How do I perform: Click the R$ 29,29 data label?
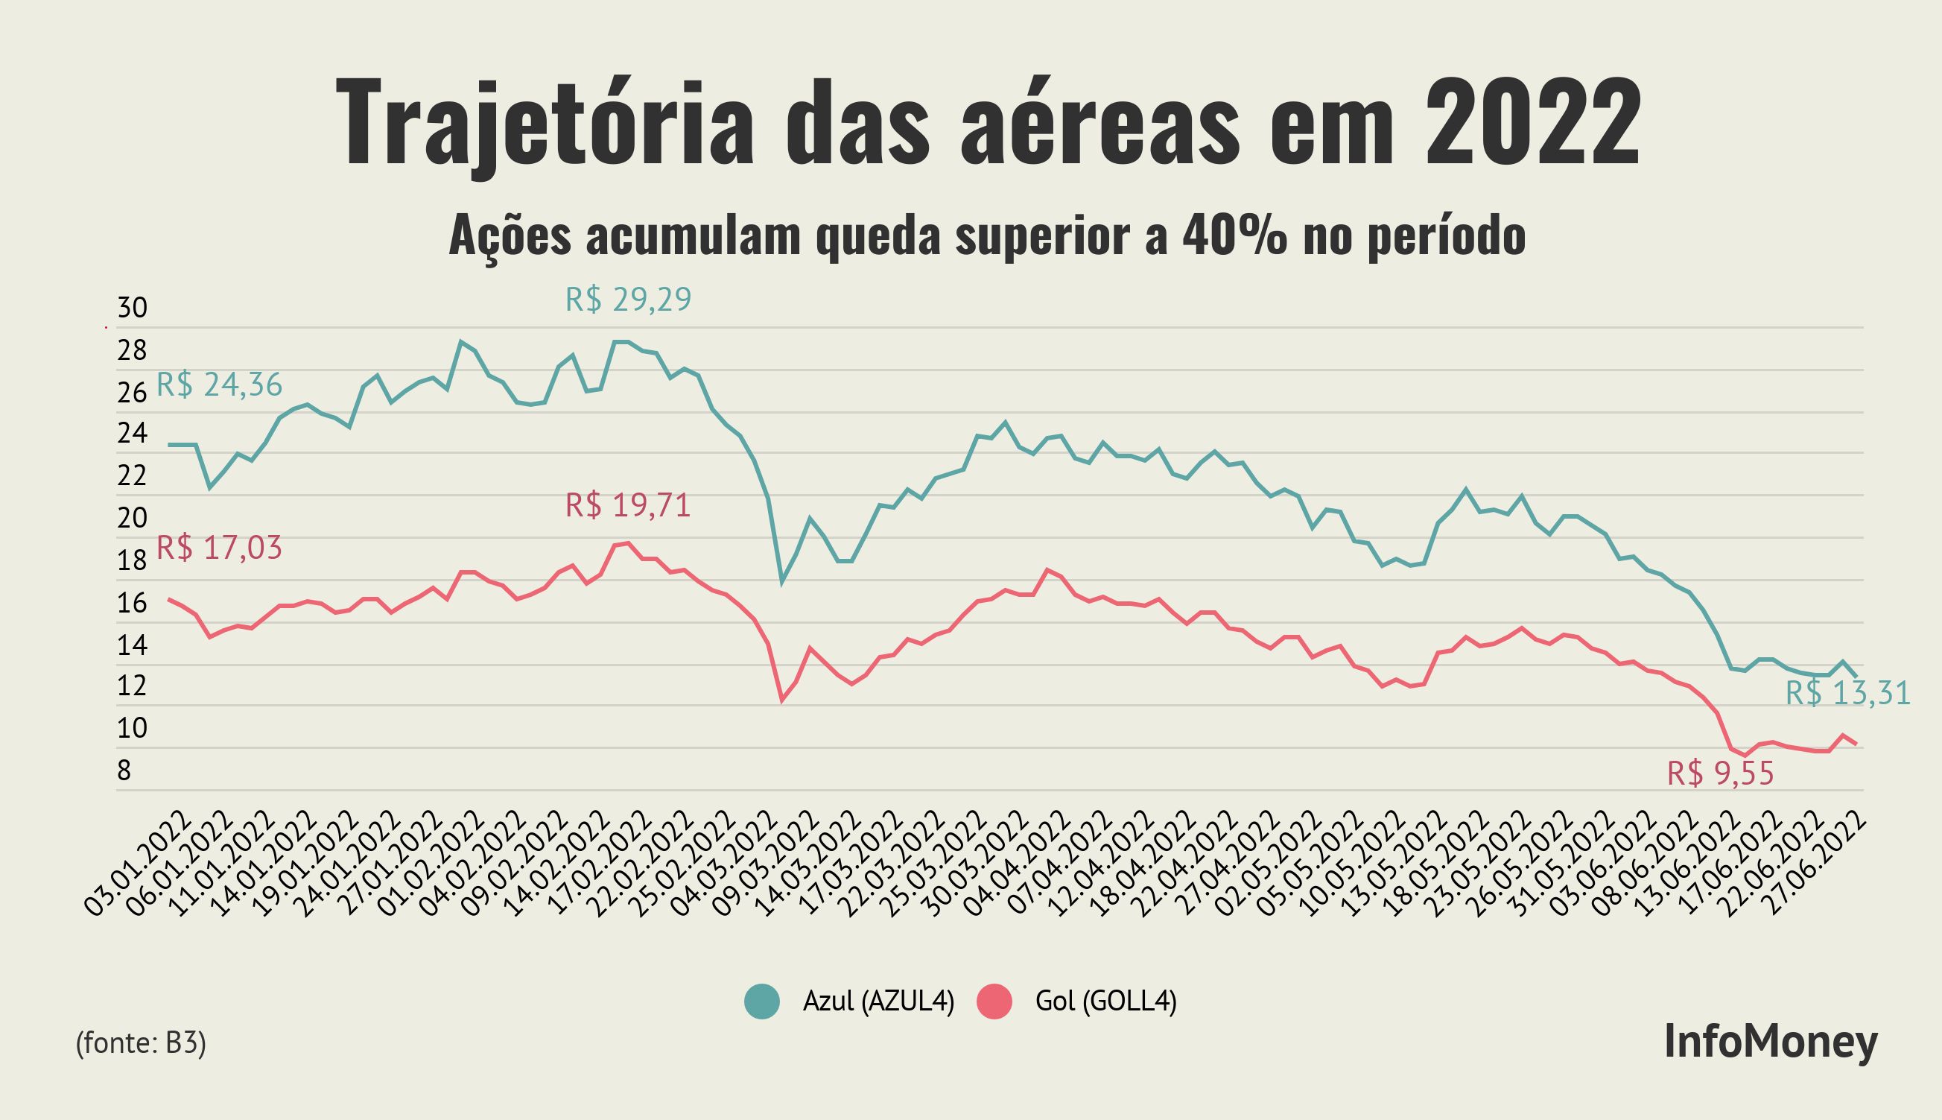[628, 300]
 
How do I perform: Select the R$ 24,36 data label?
[219, 385]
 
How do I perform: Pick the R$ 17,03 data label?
[219, 548]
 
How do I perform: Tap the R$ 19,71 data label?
[628, 506]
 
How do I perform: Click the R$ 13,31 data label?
[1847, 694]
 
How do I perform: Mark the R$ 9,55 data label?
[1721, 773]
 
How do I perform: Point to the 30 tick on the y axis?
[131, 309]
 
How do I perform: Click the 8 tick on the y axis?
[124, 770]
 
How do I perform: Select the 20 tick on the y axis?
[131, 519]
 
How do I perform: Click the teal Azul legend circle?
[762, 1001]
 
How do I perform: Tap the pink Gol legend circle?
[994, 1001]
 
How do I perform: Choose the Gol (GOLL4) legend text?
[1105, 1001]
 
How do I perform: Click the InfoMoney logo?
[1771, 1043]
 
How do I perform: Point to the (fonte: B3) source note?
[141, 1043]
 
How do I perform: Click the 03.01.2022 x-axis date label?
[137, 862]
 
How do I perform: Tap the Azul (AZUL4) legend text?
[878, 1001]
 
